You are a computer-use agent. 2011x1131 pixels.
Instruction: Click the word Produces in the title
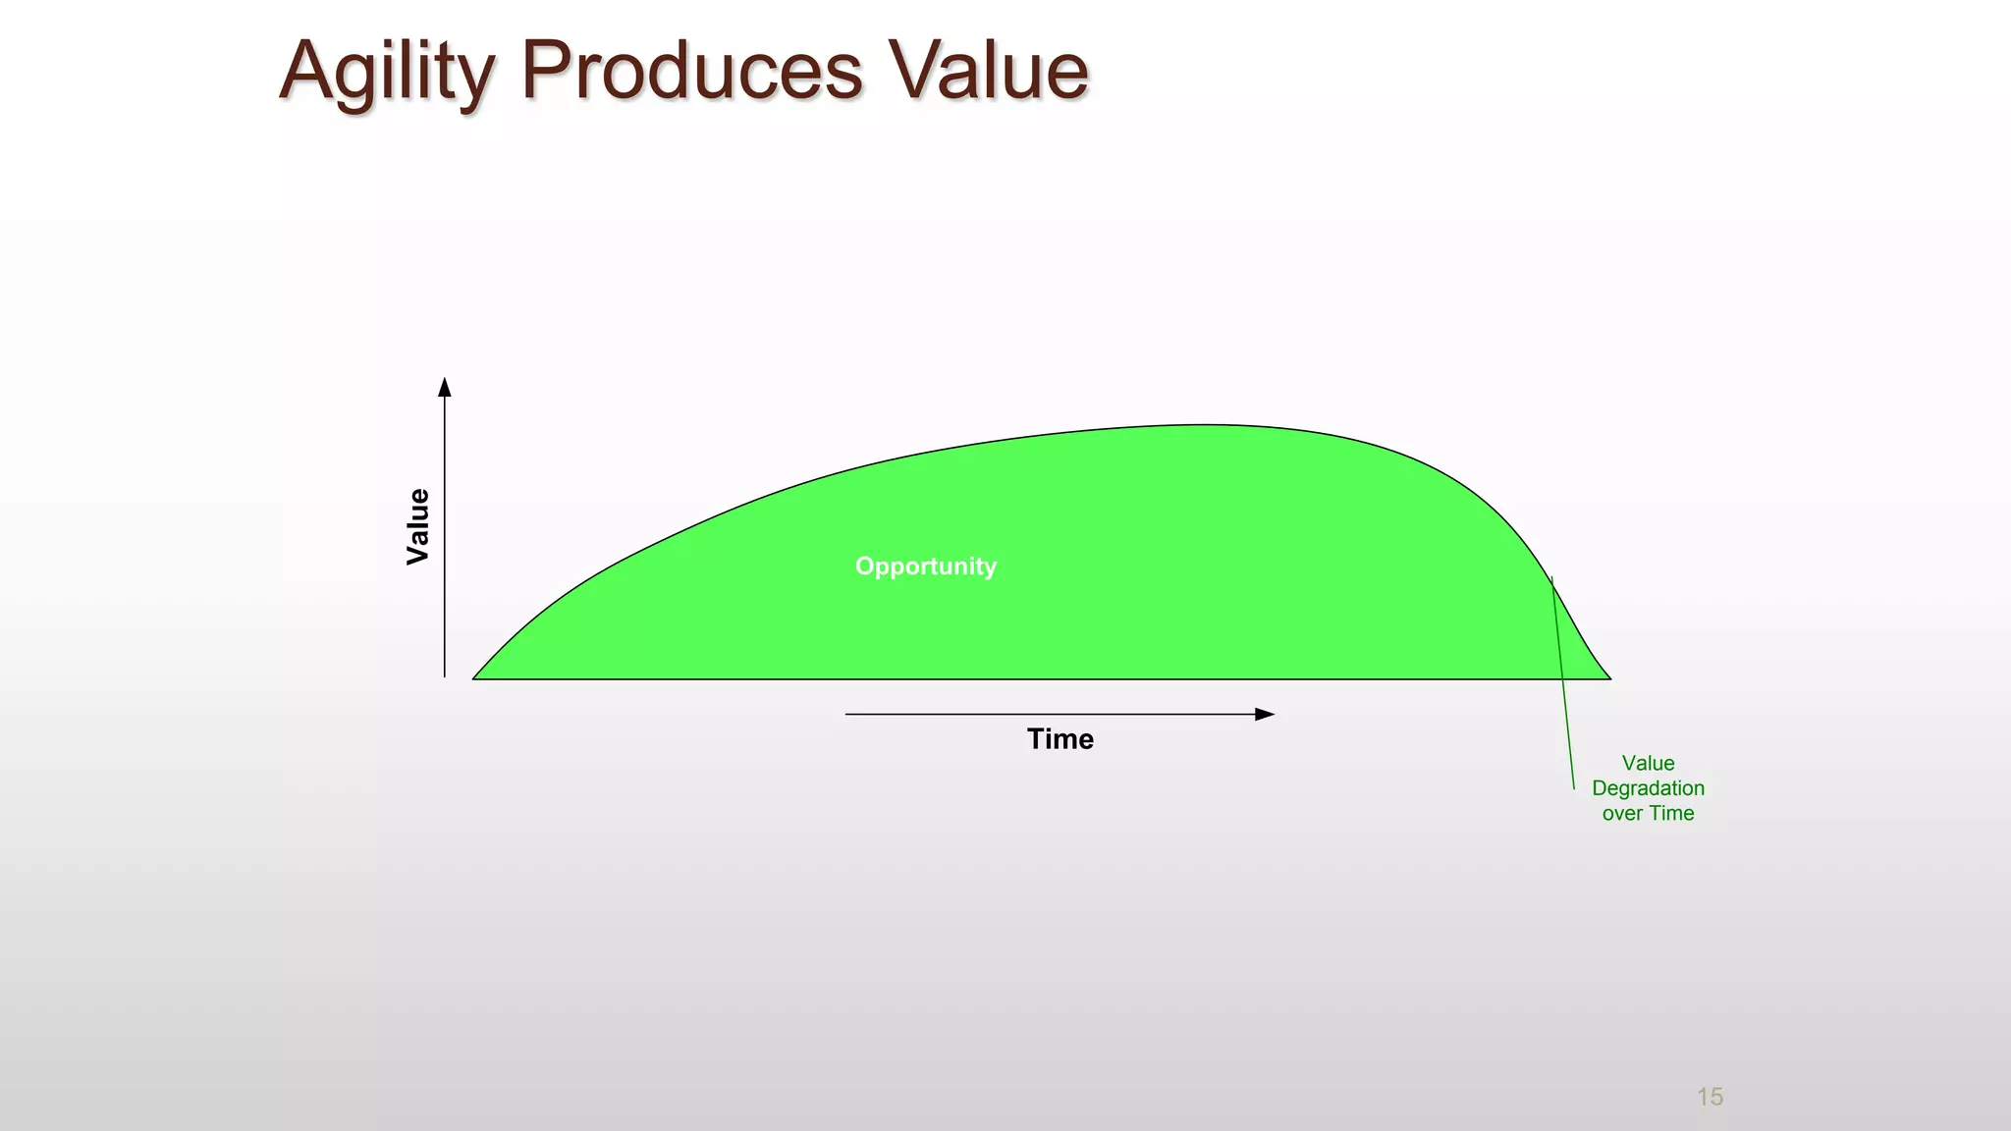point(691,71)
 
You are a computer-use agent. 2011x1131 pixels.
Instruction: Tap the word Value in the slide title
point(989,71)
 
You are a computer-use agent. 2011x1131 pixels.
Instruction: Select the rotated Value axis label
point(418,526)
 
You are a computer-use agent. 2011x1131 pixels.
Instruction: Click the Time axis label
point(1060,739)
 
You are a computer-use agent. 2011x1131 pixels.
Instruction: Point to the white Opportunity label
point(925,566)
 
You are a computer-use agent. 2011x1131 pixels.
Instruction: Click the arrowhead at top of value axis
point(445,387)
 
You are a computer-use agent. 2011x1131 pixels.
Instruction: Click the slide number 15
point(1710,1097)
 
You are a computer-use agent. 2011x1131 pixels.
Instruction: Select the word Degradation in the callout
point(1648,788)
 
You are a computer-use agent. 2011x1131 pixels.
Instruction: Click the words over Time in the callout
point(1648,813)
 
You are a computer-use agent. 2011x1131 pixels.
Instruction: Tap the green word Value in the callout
point(1648,763)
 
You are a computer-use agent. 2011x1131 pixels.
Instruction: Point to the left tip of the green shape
point(474,677)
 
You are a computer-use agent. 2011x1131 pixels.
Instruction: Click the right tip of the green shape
point(1609,677)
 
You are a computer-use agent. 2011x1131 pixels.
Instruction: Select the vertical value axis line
point(445,540)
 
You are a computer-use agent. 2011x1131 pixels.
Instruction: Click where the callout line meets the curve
point(1551,579)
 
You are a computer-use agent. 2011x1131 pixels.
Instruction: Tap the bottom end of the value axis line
point(445,675)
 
